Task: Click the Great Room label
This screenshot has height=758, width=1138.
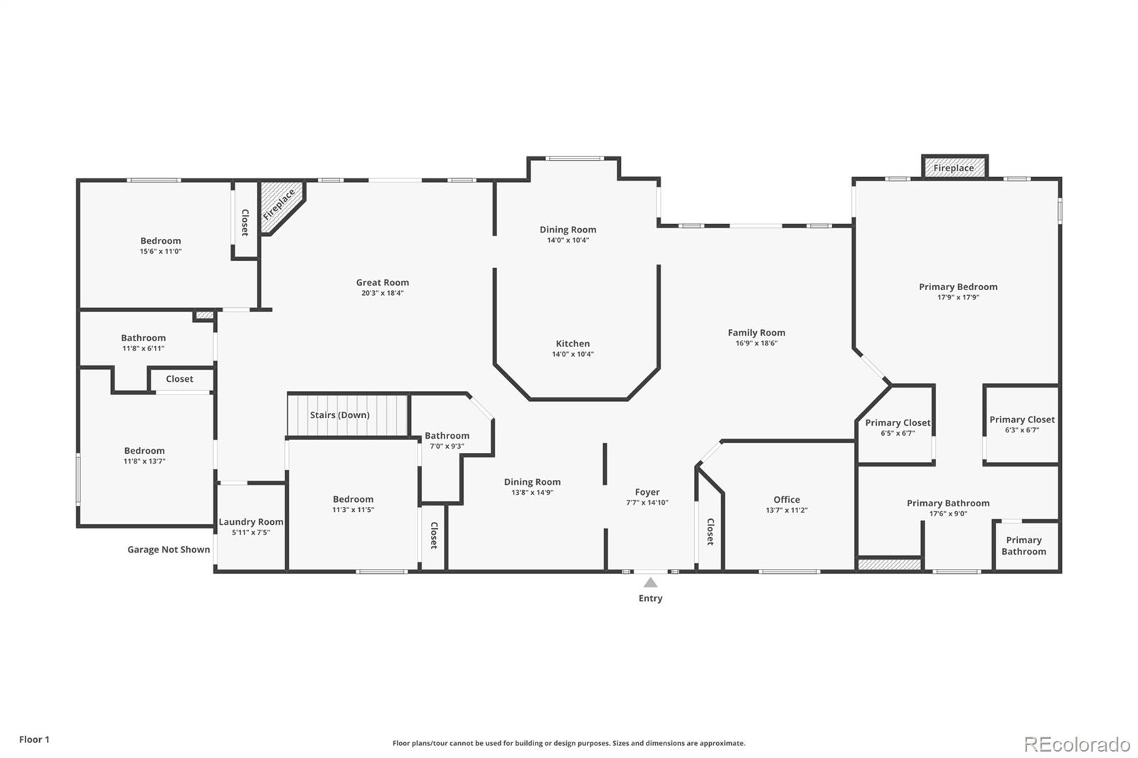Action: [382, 282]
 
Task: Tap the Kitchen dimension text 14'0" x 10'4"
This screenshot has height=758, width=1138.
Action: [573, 354]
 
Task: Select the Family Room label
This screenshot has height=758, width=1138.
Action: [757, 333]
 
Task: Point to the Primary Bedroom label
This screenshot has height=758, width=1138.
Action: [958, 287]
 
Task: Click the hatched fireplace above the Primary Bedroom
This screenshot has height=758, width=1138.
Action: [954, 167]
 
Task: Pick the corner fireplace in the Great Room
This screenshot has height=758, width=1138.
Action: [281, 205]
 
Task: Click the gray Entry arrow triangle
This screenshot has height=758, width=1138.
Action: [650, 582]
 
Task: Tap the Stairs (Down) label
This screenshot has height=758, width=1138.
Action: [340, 415]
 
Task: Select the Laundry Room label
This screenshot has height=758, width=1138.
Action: [251, 522]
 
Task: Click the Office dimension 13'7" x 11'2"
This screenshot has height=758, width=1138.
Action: [787, 510]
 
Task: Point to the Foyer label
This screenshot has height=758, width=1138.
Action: [647, 492]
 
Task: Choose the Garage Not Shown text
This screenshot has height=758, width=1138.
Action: [169, 550]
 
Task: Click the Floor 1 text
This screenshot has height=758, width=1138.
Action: [35, 740]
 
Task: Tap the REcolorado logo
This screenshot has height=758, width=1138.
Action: [1077, 744]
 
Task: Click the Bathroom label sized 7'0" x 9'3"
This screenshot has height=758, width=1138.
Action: [447, 436]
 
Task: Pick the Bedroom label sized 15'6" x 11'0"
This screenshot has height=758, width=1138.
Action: [161, 241]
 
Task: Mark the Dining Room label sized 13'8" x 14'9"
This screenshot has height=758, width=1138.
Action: [533, 482]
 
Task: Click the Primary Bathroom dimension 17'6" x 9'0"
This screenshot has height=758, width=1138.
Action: [948, 513]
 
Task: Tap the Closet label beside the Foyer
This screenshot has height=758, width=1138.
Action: [711, 532]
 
